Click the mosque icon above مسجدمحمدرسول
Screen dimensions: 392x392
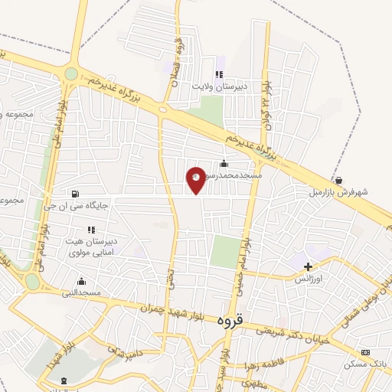[224, 162]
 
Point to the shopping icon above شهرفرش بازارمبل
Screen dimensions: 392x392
[338, 180]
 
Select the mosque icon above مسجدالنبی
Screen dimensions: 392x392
[81, 281]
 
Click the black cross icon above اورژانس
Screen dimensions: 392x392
[308, 267]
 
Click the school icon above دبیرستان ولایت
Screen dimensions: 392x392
[218, 75]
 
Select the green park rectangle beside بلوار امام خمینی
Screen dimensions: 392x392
[224, 251]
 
